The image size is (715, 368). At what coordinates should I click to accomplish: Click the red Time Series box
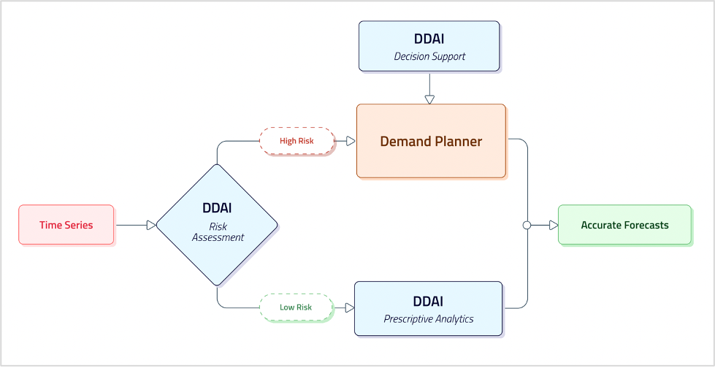66,225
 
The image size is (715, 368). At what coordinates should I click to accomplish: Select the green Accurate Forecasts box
624,225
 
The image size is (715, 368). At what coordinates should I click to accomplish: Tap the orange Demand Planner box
431,141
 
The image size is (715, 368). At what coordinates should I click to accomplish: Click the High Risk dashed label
297,141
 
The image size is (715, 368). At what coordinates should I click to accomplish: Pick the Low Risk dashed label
296,307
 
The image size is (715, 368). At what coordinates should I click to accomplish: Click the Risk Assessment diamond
217,225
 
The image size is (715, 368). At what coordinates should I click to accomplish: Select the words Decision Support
429,56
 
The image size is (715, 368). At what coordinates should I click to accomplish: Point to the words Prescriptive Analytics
429,319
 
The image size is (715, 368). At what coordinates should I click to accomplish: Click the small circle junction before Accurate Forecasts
527,226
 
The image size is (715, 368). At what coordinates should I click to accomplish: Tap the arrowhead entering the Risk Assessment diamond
151,226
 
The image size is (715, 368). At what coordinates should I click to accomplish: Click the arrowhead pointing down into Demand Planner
429,99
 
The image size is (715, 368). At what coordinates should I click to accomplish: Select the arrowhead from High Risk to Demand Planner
351,141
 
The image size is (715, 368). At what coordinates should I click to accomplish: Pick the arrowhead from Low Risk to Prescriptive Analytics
349,307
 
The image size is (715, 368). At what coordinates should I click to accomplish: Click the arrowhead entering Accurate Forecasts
554,226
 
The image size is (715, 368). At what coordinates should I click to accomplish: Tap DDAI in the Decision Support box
429,39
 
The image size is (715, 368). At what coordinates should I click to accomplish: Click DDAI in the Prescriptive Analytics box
429,302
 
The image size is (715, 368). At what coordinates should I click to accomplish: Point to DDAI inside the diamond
217,209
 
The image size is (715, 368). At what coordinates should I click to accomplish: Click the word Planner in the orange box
458,142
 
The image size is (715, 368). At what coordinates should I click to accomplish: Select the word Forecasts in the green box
646,225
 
